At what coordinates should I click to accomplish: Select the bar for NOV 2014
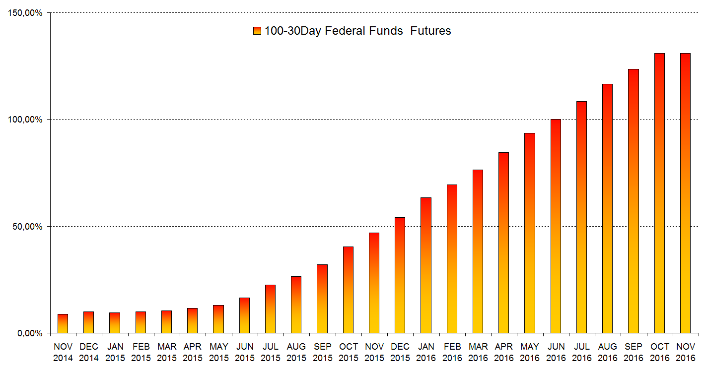pyautogui.click(x=63, y=323)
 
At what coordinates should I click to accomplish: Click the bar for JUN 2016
pyautogui.click(x=556, y=226)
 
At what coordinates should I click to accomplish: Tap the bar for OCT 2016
pyautogui.click(x=659, y=193)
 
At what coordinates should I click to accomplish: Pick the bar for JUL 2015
pyautogui.click(x=270, y=309)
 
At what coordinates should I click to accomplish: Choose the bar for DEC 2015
pyautogui.click(x=400, y=275)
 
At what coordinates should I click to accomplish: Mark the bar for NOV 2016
pyautogui.click(x=685, y=193)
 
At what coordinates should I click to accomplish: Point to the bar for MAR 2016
pyautogui.click(x=478, y=251)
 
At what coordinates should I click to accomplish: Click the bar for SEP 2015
pyautogui.click(x=322, y=299)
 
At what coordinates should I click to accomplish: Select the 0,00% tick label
pyautogui.click(x=30, y=333)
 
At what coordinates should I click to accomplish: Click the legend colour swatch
pyautogui.click(x=257, y=31)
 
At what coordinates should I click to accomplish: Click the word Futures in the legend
pyautogui.click(x=430, y=31)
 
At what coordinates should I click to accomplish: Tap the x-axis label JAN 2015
pyautogui.click(x=115, y=352)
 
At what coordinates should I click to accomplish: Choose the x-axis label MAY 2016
pyautogui.click(x=530, y=352)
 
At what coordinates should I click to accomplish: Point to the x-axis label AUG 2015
pyautogui.click(x=296, y=352)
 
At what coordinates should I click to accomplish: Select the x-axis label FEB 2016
pyautogui.click(x=452, y=352)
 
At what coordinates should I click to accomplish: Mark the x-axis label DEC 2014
pyautogui.click(x=89, y=352)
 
